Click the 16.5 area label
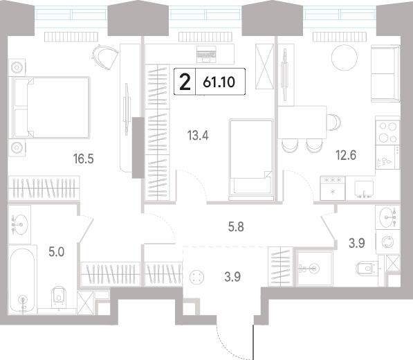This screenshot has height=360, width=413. (84, 159)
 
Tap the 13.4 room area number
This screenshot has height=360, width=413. (198, 136)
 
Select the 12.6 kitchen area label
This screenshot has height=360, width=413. (346, 155)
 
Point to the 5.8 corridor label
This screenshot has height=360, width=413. (236, 226)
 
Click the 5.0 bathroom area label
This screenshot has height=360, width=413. (57, 252)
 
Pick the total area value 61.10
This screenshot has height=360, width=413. (219, 82)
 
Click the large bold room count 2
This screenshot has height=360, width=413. (185, 82)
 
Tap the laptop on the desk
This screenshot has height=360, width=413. (206, 54)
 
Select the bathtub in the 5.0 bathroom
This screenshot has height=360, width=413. (22, 280)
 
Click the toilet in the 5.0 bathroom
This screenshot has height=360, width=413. (59, 297)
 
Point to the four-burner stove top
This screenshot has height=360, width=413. (387, 132)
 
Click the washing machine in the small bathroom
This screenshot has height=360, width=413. (387, 242)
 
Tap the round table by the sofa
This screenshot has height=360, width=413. (345, 57)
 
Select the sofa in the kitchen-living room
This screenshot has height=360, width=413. (385, 73)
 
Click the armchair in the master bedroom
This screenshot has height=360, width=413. (105, 57)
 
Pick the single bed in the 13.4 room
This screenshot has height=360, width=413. (251, 159)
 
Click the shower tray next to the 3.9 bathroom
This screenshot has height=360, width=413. (315, 269)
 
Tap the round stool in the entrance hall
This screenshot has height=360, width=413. (196, 278)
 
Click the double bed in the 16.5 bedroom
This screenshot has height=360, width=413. (50, 107)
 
